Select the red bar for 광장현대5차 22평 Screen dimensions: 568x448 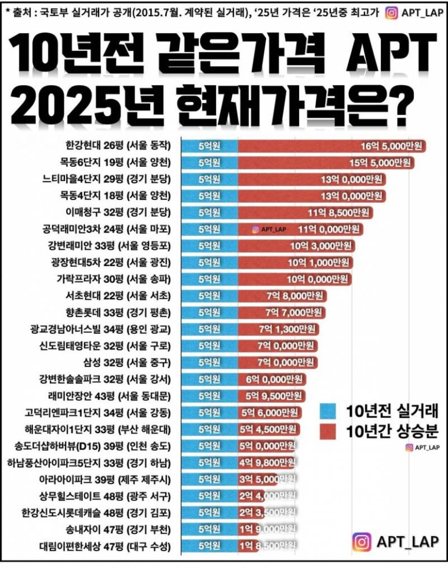(x=295, y=262)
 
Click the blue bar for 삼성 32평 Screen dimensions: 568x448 (x=209, y=363)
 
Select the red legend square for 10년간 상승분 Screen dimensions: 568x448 (x=327, y=432)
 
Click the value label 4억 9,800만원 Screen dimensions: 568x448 (x=270, y=463)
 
